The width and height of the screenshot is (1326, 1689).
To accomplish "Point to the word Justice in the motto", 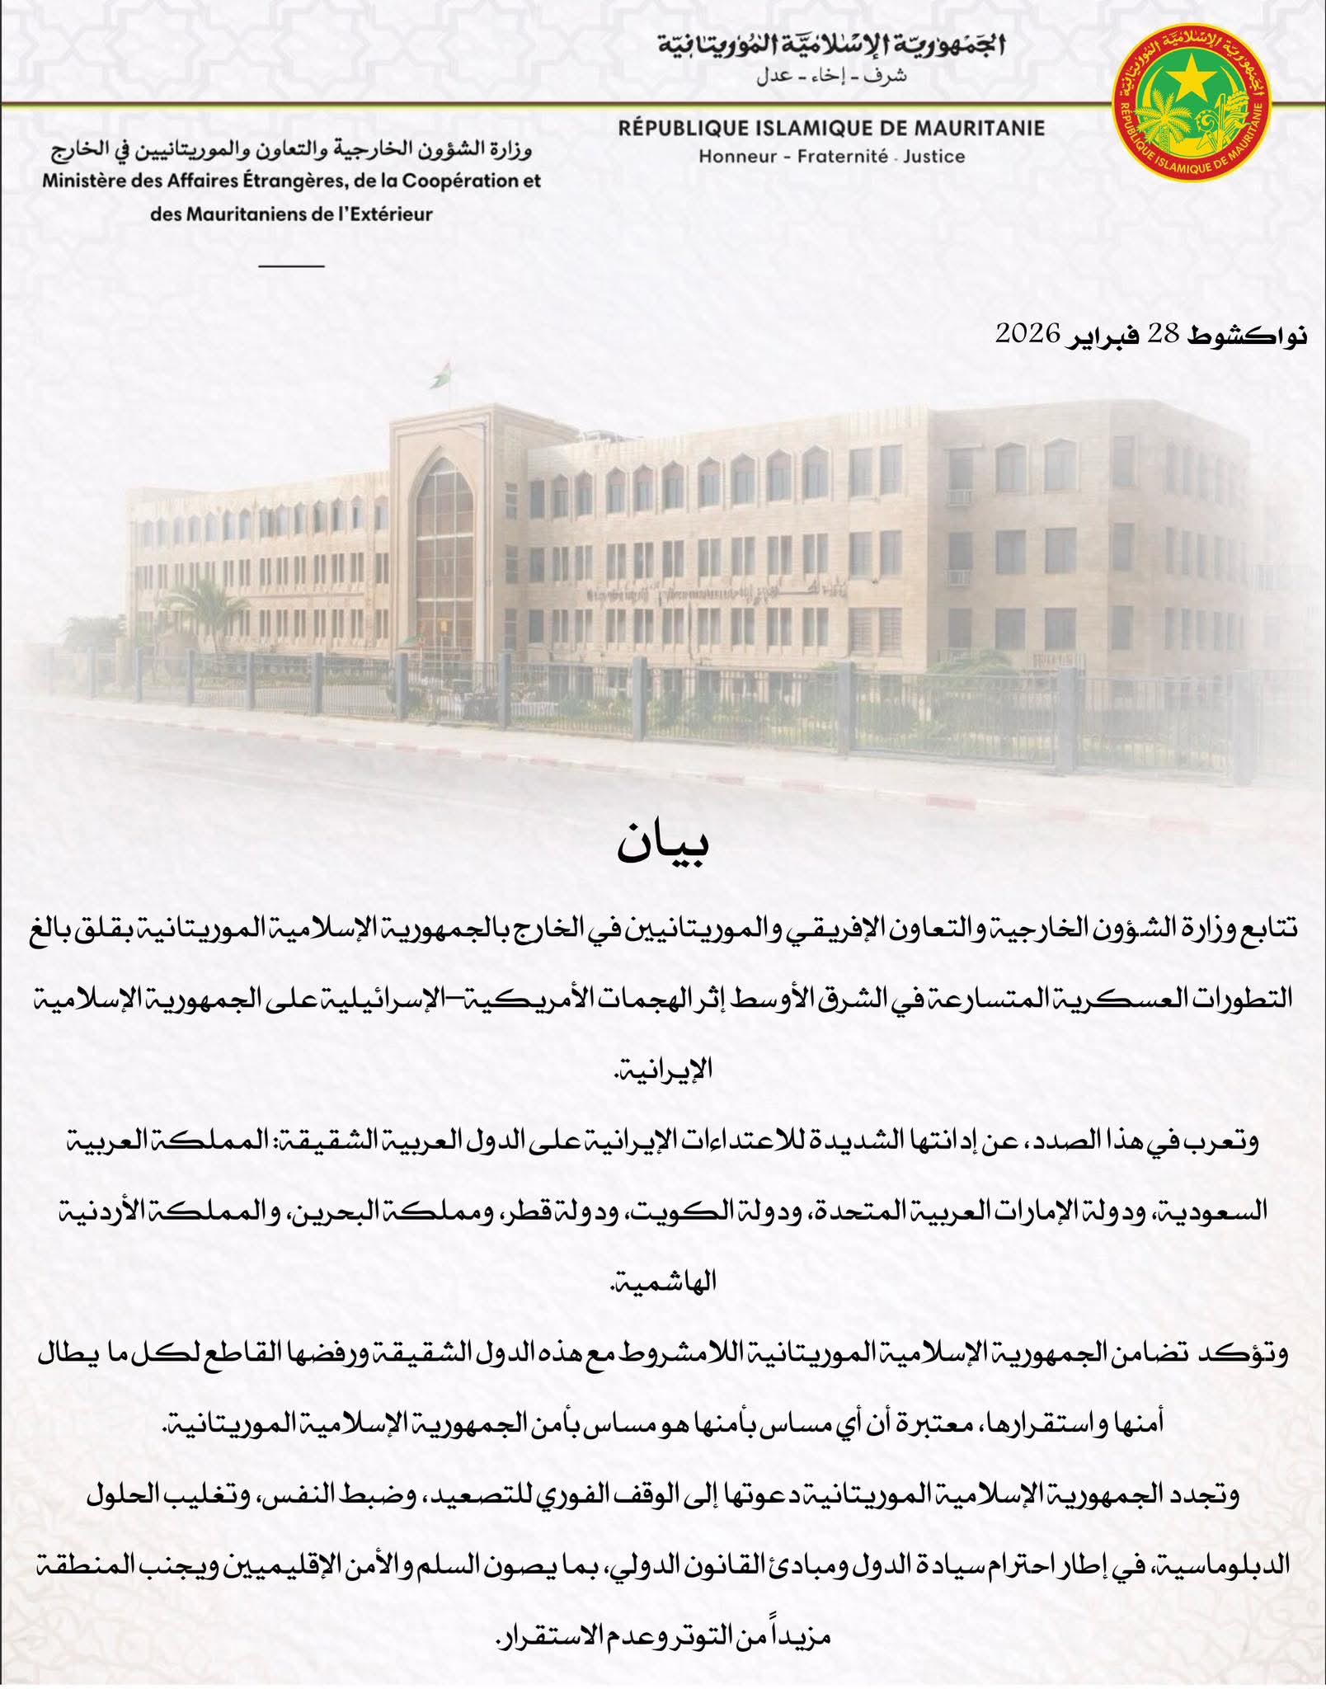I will tap(933, 157).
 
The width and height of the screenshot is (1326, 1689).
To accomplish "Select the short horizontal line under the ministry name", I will tap(291, 266).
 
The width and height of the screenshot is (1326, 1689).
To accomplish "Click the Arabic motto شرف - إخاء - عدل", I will tap(831, 76).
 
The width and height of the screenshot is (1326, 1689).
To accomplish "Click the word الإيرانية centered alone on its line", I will tap(663, 1317).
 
